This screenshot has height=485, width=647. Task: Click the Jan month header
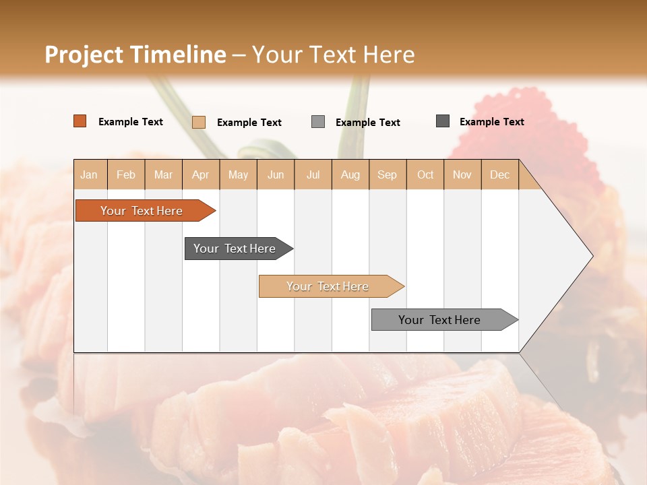pyautogui.click(x=90, y=174)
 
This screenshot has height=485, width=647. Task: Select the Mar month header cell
pyautogui.click(x=163, y=174)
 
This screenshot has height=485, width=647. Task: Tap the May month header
pyautogui.click(x=238, y=174)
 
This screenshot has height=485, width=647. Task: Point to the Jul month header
pyautogui.click(x=313, y=174)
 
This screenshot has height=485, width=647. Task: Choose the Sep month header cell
pyautogui.click(x=387, y=174)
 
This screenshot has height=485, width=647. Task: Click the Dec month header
pyautogui.click(x=499, y=174)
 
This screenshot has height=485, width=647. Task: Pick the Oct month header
pyautogui.click(x=425, y=174)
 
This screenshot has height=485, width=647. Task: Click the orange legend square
pyautogui.click(x=80, y=121)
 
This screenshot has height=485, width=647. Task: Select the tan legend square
pyautogui.click(x=199, y=122)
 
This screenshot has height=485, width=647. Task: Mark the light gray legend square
pyautogui.click(x=318, y=122)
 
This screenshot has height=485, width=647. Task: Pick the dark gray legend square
pyautogui.click(x=443, y=121)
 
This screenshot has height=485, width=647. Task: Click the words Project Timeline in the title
pyautogui.click(x=135, y=55)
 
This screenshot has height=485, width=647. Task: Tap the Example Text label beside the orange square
pyautogui.click(x=131, y=122)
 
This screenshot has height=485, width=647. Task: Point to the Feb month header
pyautogui.click(x=126, y=174)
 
